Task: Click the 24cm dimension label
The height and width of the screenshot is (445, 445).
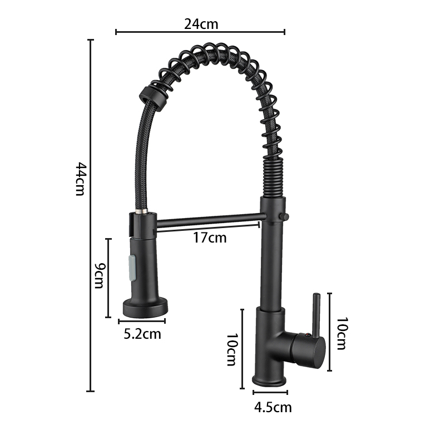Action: click(201, 24)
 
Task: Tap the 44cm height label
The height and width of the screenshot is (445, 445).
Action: click(80, 179)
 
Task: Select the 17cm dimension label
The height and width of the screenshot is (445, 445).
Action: click(210, 238)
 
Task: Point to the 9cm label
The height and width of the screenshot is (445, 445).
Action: click(100, 275)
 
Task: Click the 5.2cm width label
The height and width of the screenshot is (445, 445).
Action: click(142, 334)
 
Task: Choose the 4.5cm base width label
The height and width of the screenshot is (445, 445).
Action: click(273, 408)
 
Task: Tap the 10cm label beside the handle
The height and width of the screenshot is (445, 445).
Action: click(342, 333)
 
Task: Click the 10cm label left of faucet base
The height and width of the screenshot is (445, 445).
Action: click(231, 350)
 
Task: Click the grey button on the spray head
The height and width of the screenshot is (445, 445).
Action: click(132, 268)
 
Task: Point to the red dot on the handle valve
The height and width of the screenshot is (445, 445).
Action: click(306, 336)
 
